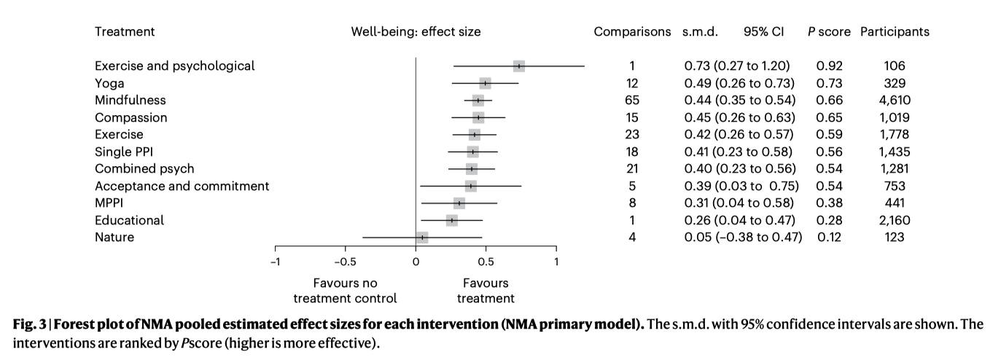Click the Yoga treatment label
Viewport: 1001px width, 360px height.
[x=109, y=84]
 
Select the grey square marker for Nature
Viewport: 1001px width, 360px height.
[x=422, y=238]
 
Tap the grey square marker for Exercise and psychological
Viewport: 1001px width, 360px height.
[x=519, y=66]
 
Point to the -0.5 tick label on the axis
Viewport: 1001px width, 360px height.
[x=346, y=262]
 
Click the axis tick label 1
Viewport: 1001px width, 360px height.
[x=556, y=262]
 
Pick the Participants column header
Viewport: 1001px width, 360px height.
[x=895, y=32]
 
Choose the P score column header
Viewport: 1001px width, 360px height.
[x=829, y=32]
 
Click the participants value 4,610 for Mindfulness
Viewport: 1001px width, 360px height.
[x=895, y=100]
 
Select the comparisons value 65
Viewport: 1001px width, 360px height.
[x=632, y=100]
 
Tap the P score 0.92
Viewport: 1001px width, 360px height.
[x=830, y=66]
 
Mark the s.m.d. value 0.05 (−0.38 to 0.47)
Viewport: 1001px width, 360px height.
[x=743, y=237]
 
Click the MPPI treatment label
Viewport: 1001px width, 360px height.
[x=109, y=203]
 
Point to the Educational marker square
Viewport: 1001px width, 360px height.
[x=452, y=220]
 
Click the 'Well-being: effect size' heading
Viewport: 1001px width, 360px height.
[x=416, y=32]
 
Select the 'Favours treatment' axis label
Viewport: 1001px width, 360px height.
[x=486, y=291]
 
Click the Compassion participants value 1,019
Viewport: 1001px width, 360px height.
[x=895, y=117]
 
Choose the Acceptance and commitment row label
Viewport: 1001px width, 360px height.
[x=182, y=186]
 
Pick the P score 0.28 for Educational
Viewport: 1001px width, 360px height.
[x=830, y=220]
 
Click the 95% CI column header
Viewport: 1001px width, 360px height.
[x=764, y=32]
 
